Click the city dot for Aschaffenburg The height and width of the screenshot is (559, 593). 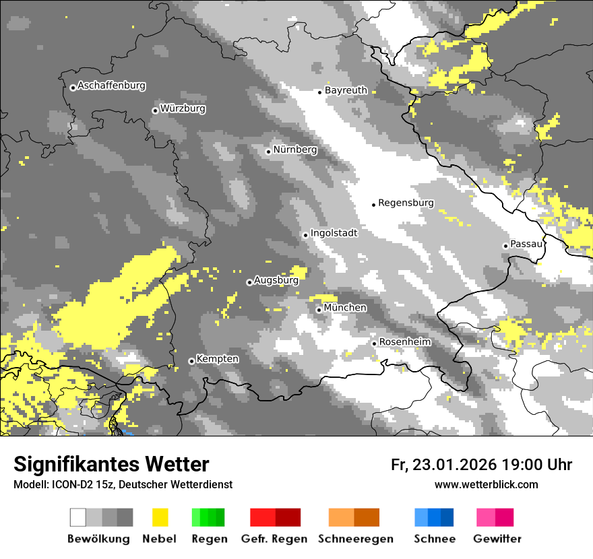73,88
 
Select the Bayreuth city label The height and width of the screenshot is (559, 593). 346,90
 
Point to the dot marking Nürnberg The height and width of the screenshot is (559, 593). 268,152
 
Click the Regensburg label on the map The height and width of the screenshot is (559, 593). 406,203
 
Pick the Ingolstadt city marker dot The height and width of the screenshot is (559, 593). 305,235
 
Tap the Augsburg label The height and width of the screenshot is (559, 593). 276,281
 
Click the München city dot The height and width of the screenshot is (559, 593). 319,310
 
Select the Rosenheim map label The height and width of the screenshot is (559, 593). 404,342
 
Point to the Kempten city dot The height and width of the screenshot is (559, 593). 191,361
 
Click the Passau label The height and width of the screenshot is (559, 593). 526,244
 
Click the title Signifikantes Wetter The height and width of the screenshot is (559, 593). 111,464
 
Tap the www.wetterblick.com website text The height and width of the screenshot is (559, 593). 486,484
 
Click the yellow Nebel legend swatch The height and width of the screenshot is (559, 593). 160,517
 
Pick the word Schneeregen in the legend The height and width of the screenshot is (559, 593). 356,539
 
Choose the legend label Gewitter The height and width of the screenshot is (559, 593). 497,539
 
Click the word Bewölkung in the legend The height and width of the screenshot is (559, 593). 98,539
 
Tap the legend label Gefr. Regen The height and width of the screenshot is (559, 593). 274,539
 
